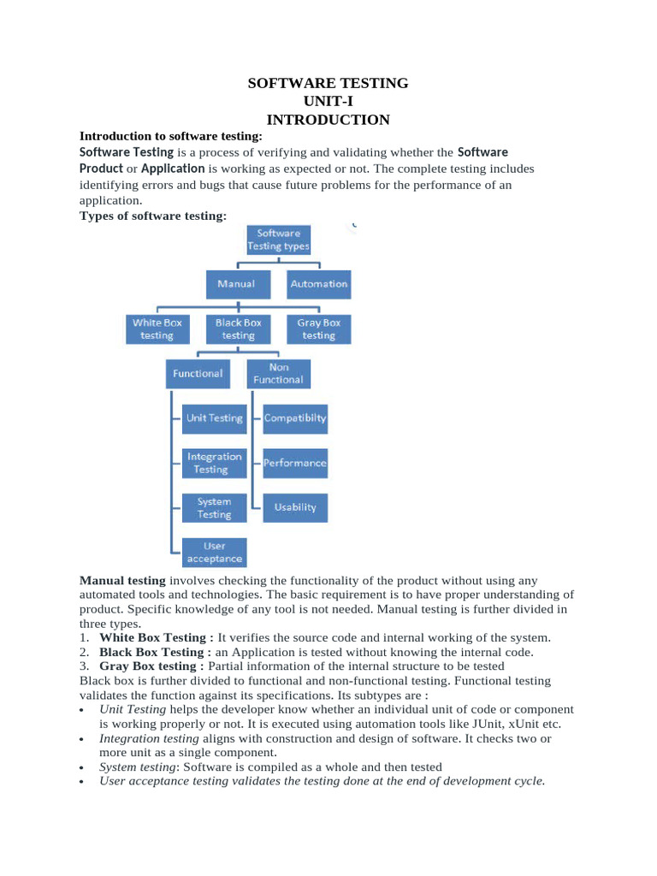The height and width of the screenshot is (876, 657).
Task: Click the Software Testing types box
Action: point(278,240)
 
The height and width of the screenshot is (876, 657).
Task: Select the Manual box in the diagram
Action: point(237,284)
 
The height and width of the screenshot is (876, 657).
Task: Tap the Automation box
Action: point(318,284)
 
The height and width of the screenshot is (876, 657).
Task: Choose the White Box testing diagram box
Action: point(157,329)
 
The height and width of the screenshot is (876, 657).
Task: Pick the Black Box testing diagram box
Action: point(238,329)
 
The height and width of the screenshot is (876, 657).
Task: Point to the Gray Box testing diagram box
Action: point(318,329)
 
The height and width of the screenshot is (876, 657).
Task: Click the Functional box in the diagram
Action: point(198,373)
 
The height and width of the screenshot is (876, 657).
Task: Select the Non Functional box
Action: point(278,373)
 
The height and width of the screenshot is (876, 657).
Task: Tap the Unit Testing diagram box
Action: point(214,418)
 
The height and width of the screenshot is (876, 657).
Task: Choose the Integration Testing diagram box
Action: point(214,463)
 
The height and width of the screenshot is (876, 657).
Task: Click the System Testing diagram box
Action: point(214,507)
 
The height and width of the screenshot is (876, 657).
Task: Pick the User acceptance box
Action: point(214,552)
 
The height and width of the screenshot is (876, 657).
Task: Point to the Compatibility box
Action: point(294,418)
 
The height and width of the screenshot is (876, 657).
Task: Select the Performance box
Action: point(294,463)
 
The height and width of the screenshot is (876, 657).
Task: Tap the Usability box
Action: point(294,507)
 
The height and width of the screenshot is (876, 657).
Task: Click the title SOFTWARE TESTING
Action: point(328,84)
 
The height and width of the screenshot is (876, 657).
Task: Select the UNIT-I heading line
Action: point(328,102)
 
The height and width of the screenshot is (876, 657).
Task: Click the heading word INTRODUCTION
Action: point(328,120)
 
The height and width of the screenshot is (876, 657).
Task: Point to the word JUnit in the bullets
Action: point(482,723)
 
